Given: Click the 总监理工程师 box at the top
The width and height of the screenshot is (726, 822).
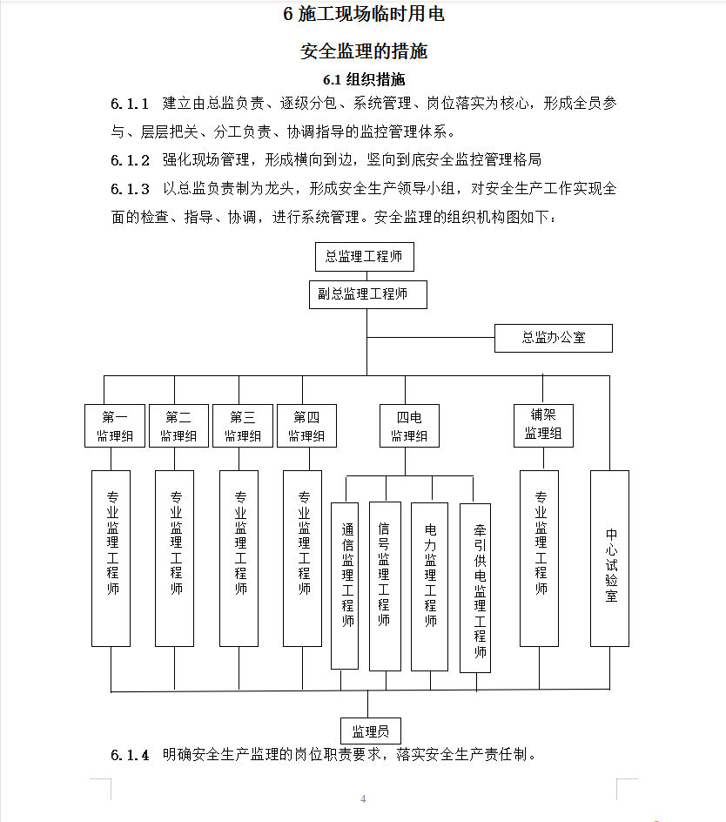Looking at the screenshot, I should pyautogui.click(x=364, y=257).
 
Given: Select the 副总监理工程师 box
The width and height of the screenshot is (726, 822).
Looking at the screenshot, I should pyautogui.click(x=367, y=294).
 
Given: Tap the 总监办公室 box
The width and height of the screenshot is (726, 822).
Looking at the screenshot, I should pyautogui.click(x=553, y=338).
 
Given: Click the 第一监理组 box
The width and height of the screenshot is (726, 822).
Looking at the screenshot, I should pyautogui.click(x=115, y=426).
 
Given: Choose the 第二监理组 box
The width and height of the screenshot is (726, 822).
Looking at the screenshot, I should pyautogui.click(x=178, y=426).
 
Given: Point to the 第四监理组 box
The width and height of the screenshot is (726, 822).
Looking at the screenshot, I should pyautogui.click(x=306, y=426).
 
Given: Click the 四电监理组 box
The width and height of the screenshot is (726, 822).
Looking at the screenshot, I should pyautogui.click(x=409, y=426).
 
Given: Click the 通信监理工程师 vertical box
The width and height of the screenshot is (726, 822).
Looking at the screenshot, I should pyautogui.click(x=346, y=585).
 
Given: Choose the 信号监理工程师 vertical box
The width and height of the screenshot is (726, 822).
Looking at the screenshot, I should pyautogui.click(x=385, y=586).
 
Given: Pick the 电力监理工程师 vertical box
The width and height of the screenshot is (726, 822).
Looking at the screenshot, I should pyautogui.click(x=430, y=586).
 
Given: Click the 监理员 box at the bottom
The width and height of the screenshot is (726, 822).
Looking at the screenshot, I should pyautogui.click(x=370, y=730).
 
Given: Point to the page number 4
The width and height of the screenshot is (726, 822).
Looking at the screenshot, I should pyautogui.click(x=363, y=799).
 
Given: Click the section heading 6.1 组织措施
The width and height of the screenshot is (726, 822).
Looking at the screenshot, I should pyautogui.click(x=364, y=80).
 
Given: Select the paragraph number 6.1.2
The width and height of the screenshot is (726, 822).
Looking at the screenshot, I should pyautogui.click(x=130, y=160).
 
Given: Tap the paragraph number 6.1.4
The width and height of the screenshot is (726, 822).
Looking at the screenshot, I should pyautogui.click(x=130, y=755).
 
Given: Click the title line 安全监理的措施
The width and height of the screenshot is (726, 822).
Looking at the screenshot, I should pyautogui.click(x=364, y=51).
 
